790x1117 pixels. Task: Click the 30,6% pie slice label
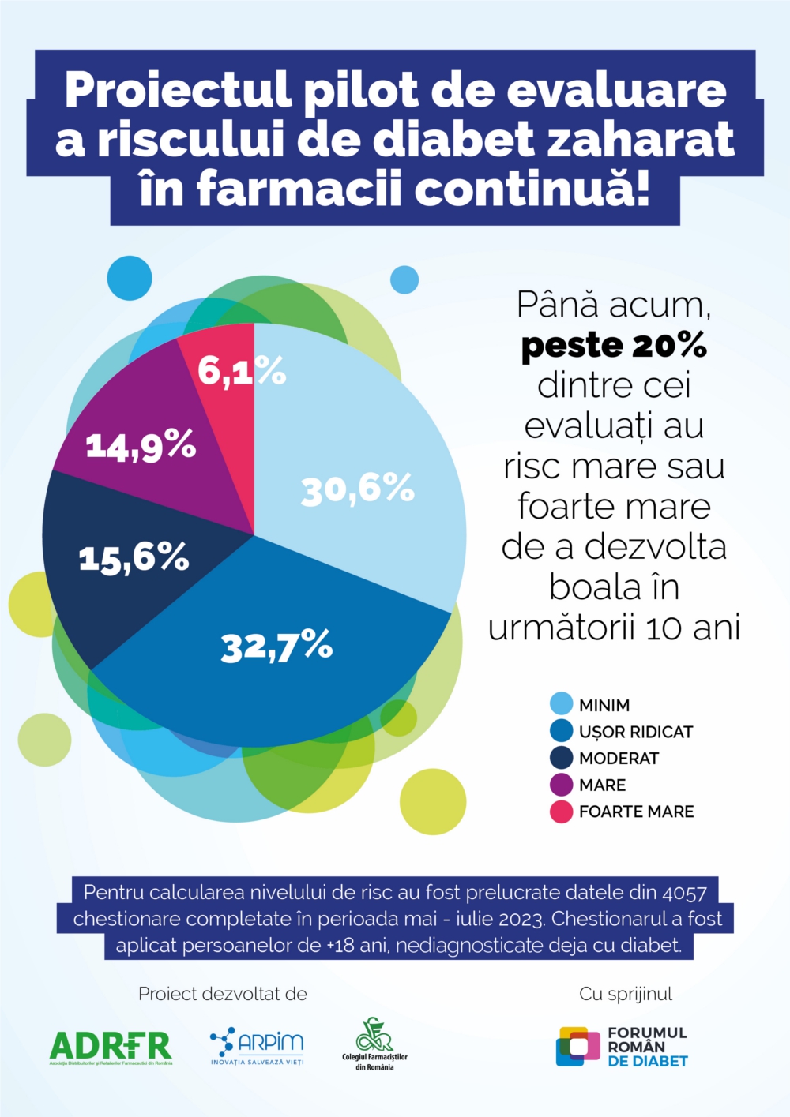[357, 489]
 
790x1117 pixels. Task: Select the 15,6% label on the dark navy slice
[134, 557]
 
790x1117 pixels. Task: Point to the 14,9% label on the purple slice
[141, 446]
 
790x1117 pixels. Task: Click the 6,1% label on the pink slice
[241, 370]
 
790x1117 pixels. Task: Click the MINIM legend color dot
[561, 704]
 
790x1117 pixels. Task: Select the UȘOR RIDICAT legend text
[635, 732]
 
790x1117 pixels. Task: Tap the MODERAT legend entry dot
[561, 758]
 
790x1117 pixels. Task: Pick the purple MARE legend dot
[561, 785]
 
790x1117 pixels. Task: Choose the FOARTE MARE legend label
[636, 812]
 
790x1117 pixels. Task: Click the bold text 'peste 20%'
[614, 346]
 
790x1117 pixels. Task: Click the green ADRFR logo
[111, 1047]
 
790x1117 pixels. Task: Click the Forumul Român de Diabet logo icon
[577, 1047]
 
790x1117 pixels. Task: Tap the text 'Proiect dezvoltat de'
[223, 994]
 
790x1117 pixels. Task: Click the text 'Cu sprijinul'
[626, 994]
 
